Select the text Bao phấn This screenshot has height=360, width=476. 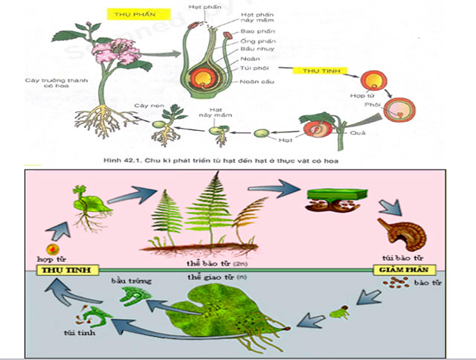(254, 32)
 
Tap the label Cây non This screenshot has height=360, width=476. (142, 106)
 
